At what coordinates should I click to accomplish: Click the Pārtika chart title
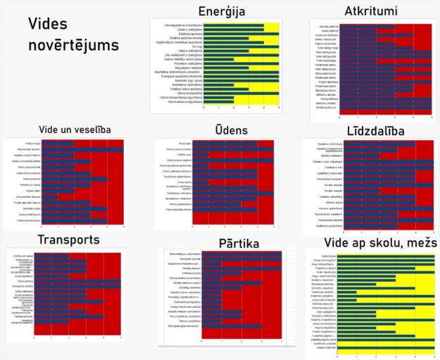click(220, 243)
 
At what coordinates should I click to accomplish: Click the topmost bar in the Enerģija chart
click(233, 25)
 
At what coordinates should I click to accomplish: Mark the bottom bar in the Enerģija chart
click(218, 101)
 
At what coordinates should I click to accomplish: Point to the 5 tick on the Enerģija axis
click(279, 108)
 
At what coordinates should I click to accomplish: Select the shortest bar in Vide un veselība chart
click(58, 190)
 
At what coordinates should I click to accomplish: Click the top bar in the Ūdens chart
click(232, 144)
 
